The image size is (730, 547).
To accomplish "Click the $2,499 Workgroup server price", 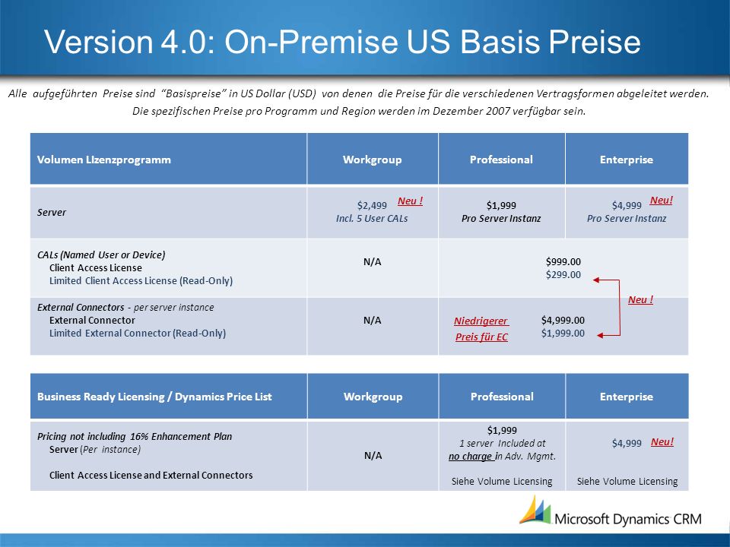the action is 372,205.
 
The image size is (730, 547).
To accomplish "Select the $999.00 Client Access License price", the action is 563,261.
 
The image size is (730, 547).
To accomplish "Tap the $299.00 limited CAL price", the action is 563,274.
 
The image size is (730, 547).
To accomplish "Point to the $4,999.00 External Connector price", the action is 563,320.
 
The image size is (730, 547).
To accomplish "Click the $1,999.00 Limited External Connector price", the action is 563,333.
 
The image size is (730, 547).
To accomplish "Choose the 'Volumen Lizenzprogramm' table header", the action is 104,160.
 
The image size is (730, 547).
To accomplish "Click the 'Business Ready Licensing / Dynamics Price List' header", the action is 154,397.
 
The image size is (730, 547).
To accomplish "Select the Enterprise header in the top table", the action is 626,160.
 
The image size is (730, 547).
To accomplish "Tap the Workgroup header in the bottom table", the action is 373,397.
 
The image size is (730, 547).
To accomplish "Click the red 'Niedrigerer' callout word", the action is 481,321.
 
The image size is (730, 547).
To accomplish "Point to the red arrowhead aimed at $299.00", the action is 596,280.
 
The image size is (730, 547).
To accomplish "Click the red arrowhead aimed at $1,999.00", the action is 600,335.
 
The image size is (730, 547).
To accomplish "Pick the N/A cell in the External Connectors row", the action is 372,320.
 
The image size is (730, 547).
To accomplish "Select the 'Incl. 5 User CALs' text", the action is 372,219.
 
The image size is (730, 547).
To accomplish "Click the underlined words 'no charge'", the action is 470,457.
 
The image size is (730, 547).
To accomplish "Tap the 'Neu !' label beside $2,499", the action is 410,201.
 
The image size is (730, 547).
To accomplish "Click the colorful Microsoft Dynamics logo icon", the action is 535,511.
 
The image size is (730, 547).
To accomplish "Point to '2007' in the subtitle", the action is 522,111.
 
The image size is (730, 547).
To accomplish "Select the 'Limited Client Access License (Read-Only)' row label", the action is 141,281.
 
